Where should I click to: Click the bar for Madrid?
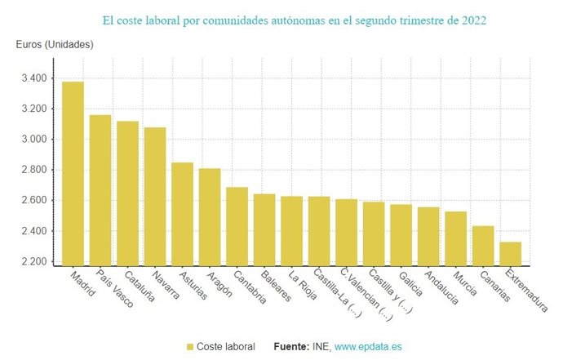point(73,173)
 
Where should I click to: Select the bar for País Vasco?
point(100,189)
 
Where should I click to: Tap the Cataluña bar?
point(127,193)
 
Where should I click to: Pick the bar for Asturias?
point(182,213)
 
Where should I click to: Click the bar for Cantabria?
point(237,225)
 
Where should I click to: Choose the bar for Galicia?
point(401,234)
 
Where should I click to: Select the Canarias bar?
point(483,245)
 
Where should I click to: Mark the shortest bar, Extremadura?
point(510,253)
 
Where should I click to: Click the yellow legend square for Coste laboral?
point(190,347)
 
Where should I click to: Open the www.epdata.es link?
point(367,347)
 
